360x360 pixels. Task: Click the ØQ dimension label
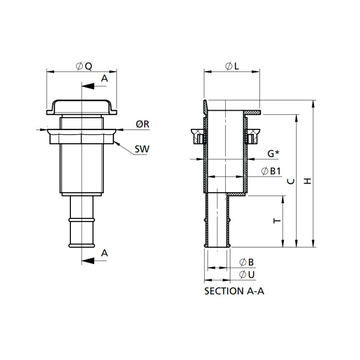click(x=84, y=66)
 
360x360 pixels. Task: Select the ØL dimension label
click(x=232, y=66)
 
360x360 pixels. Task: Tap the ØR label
click(x=143, y=124)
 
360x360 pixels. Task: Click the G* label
click(x=273, y=154)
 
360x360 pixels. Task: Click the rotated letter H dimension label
click(x=308, y=180)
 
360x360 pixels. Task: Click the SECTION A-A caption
click(x=234, y=291)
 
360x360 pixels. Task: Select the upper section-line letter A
click(x=104, y=79)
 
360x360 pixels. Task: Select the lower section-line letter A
click(x=104, y=253)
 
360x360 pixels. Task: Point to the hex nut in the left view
click(x=82, y=137)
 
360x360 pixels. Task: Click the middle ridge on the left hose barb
click(x=82, y=219)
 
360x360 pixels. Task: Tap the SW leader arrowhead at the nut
click(x=117, y=144)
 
